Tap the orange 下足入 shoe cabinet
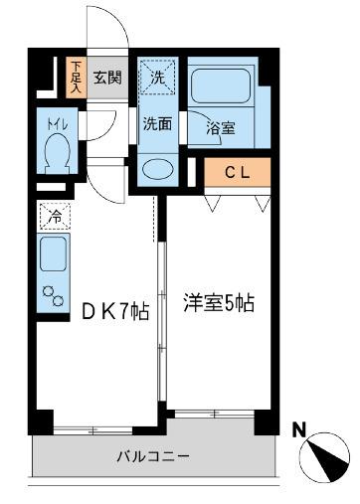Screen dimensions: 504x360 click(76, 78)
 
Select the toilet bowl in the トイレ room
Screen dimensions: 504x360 click(57, 154)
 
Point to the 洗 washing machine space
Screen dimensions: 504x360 click(158, 76)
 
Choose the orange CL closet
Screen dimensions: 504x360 click(237, 173)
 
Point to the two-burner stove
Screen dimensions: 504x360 click(52, 294)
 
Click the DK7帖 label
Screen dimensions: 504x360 click(115, 311)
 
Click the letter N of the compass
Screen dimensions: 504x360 click(298, 429)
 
